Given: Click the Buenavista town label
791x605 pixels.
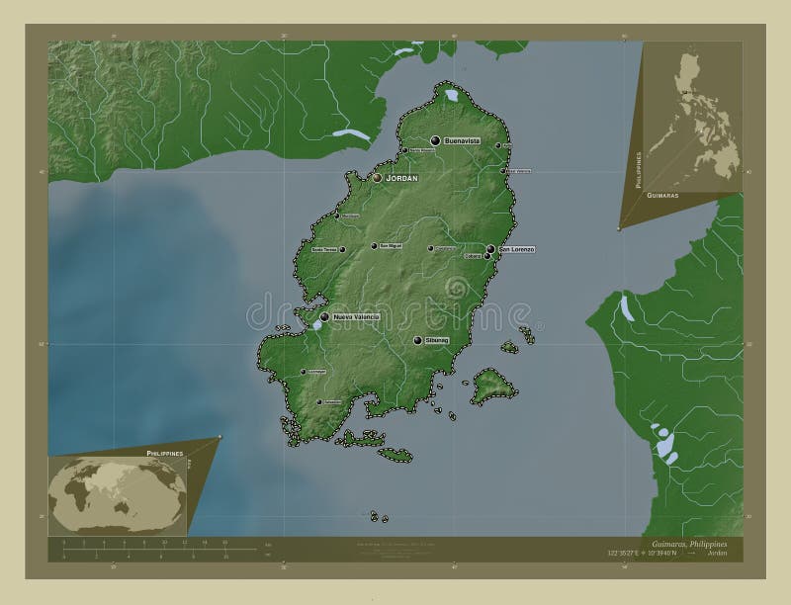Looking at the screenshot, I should [462, 141].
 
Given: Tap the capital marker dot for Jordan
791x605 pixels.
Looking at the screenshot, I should [377, 178].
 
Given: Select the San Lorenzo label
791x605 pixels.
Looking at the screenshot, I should [517, 249].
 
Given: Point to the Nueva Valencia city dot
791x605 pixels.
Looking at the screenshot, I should [324, 317].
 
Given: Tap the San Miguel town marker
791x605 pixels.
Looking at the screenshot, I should [374, 246].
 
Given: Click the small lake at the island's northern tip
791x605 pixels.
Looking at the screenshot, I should [451, 96].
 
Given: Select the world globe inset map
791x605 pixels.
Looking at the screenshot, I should [117, 492].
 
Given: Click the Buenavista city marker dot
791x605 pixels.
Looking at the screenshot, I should [434, 141].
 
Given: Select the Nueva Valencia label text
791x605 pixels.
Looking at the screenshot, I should [356, 317].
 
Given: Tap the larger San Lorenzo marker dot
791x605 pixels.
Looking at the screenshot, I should [490, 249].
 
